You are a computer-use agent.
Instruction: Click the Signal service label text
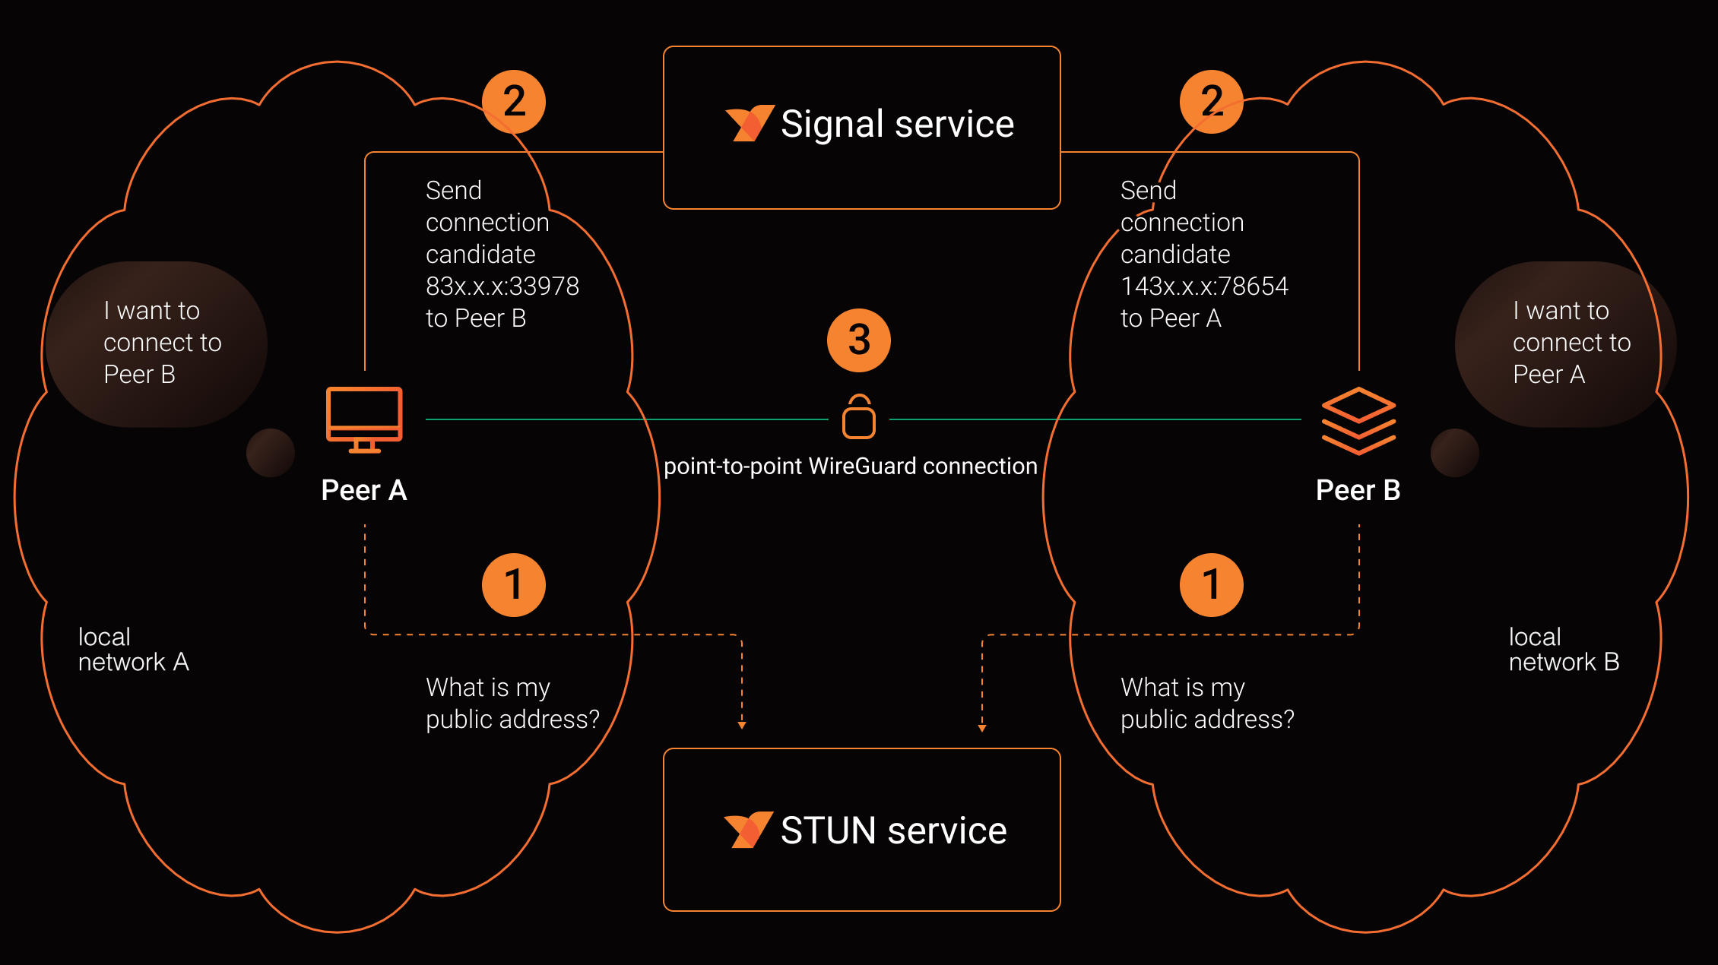click(897, 125)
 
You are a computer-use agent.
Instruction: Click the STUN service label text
click(893, 831)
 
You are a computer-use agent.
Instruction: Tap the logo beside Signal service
click(749, 123)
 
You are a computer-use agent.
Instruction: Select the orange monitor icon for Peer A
click(364, 419)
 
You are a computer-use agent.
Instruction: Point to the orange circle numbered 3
click(859, 340)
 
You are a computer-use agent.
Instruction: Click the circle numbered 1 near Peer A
click(514, 584)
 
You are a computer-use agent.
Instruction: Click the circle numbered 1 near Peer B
click(1211, 584)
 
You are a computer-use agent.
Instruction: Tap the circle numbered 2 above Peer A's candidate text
click(514, 102)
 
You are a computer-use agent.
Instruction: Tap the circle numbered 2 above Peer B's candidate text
click(1211, 102)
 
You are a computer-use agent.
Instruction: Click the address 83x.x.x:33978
click(502, 286)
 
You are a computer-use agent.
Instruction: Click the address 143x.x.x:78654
click(1204, 286)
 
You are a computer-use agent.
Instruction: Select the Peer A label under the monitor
click(364, 490)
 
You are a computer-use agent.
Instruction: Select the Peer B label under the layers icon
click(1358, 490)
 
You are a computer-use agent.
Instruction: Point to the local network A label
click(133, 650)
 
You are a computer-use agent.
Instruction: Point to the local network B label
click(1564, 650)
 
